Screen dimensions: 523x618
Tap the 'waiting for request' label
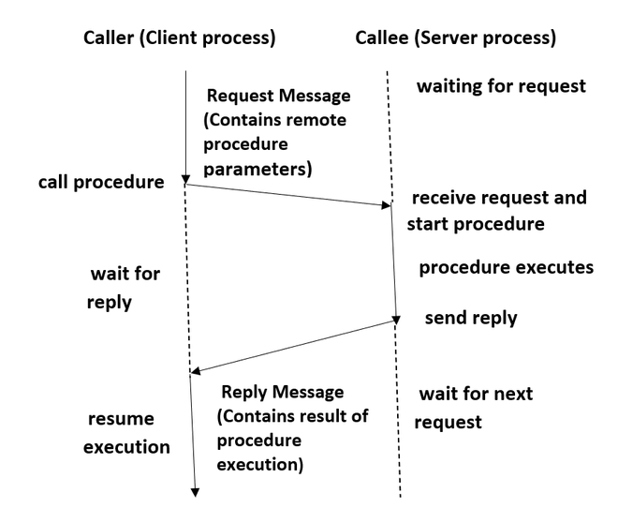coord(501,87)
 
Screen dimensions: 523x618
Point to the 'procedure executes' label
coord(506,267)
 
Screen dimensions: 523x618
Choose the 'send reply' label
coord(470,318)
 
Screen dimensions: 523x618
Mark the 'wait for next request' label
coord(476,407)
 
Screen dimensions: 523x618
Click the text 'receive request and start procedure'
coord(497,211)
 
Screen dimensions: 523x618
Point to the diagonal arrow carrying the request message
coord(290,193)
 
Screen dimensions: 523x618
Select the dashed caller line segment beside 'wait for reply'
coord(189,281)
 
